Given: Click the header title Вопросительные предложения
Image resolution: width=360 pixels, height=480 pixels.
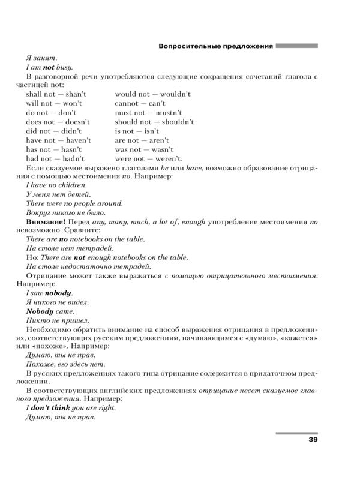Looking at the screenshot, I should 215,46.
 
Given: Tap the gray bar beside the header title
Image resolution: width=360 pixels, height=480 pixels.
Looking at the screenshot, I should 297,45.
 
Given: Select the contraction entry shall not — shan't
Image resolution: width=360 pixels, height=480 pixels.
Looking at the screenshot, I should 56,94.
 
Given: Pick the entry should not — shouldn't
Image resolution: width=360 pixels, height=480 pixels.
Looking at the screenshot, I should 154,122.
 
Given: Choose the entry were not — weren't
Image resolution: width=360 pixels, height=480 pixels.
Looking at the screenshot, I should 148,158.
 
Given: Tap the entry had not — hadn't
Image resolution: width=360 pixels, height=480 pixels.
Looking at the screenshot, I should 55,158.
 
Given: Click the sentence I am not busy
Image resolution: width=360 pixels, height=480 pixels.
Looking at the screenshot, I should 50,67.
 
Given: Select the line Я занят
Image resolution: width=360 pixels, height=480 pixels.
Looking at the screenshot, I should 41,58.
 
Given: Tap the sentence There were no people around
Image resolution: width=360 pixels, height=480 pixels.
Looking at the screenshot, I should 74,203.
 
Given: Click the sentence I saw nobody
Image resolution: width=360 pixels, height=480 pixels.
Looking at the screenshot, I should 49,293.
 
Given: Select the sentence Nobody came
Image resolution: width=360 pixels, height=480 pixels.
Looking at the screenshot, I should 50,311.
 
